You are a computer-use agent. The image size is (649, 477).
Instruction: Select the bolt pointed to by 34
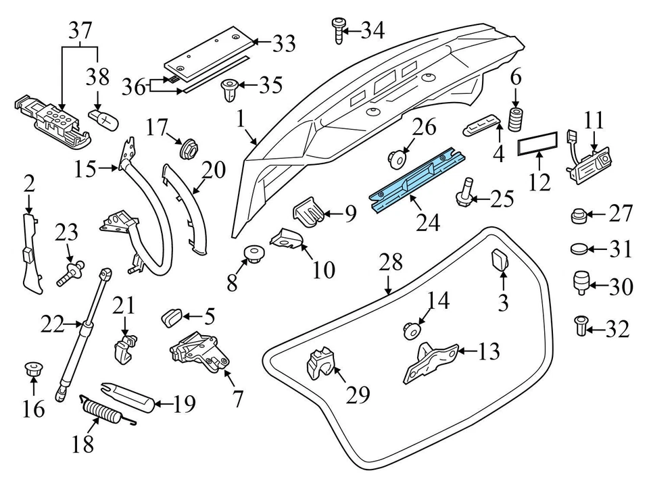[x=337, y=30]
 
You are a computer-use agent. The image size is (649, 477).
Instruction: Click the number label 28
[x=391, y=261]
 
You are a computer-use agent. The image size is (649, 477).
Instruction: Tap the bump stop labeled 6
[x=517, y=119]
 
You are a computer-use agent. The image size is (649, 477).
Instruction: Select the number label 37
[x=80, y=30]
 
